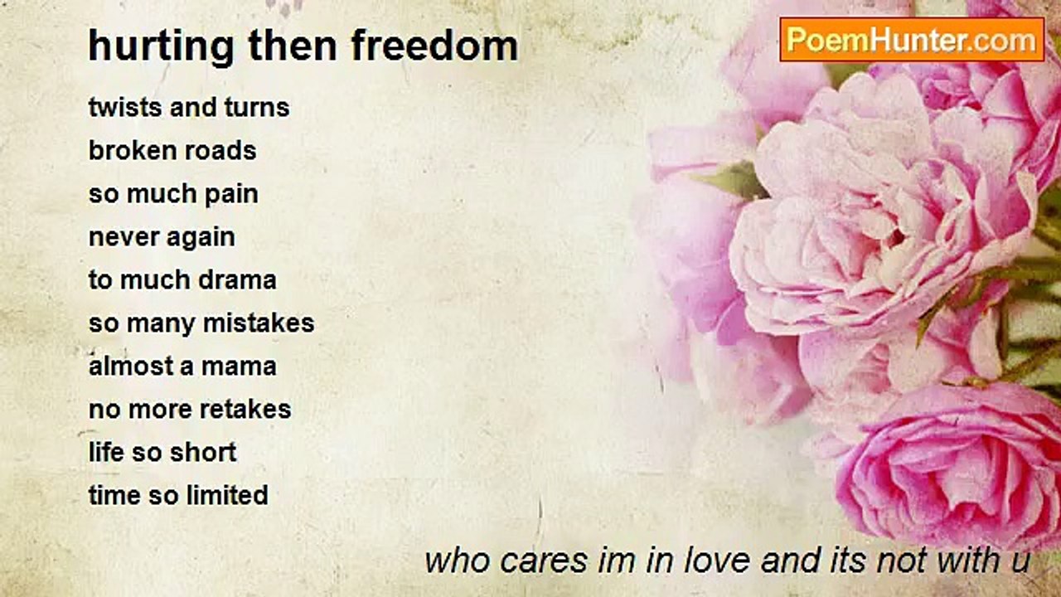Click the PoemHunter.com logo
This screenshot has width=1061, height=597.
click(912, 39)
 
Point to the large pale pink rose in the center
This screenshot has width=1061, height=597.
click(879, 224)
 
